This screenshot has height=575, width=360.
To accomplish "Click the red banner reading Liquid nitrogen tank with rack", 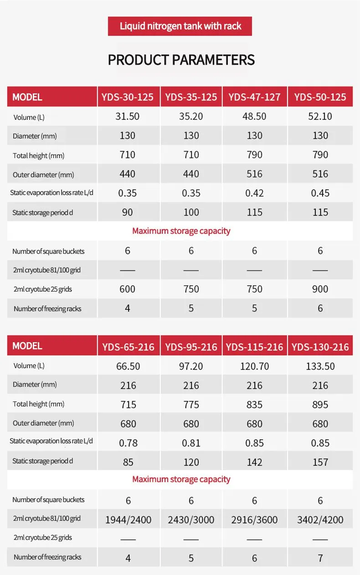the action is click(180, 26).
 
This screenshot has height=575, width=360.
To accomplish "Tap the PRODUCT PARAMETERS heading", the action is click(181, 60).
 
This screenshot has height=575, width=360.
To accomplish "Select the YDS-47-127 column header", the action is click(254, 97).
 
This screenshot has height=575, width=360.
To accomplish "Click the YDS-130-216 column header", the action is click(320, 347).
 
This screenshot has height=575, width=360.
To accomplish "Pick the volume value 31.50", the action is click(127, 116).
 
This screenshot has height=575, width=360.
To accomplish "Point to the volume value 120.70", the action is click(254, 366).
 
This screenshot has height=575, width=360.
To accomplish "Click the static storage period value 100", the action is click(191, 212).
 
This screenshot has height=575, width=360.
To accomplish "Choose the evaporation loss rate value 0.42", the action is click(254, 193).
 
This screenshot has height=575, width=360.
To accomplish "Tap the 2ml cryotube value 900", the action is click(320, 289).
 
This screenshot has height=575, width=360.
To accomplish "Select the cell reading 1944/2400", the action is click(129, 520).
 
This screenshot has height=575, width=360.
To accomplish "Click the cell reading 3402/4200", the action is click(320, 520).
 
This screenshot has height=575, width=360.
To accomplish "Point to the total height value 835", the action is click(254, 405).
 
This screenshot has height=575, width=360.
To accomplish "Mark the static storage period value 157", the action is click(320, 462).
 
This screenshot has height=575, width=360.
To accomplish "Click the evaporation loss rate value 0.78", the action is click(129, 443).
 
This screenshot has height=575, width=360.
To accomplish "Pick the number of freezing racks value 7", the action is click(320, 558).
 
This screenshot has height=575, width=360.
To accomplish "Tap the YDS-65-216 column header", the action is click(129, 347).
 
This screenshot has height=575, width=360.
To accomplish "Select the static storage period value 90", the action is click(127, 212).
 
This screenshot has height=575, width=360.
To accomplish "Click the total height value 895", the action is click(320, 405).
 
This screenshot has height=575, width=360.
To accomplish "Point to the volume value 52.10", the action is click(320, 116).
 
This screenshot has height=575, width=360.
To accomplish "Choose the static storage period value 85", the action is click(128, 462).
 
